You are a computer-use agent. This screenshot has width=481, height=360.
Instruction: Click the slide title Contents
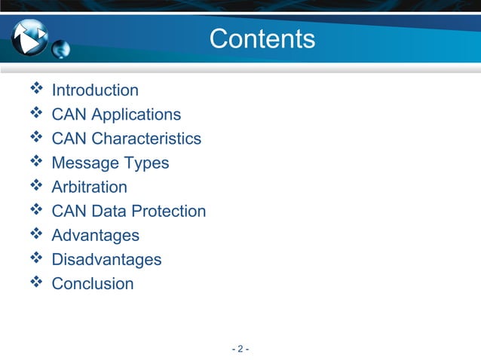(x=262, y=38)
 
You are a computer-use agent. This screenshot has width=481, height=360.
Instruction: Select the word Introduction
(x=95, y=90)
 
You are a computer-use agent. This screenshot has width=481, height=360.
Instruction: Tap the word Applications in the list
(x=142, y=114)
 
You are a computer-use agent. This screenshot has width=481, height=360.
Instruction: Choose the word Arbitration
(x=89, y=187)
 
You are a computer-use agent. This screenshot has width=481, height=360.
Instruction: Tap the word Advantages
(x=95, y=235)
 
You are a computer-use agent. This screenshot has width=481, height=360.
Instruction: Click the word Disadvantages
(x=106, y=260)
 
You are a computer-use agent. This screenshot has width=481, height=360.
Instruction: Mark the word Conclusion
(x=92, y=284)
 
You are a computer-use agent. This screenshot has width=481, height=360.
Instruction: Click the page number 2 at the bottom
(x=240, y=349)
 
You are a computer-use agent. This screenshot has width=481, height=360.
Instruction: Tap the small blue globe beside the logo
(x=61, y=50)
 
